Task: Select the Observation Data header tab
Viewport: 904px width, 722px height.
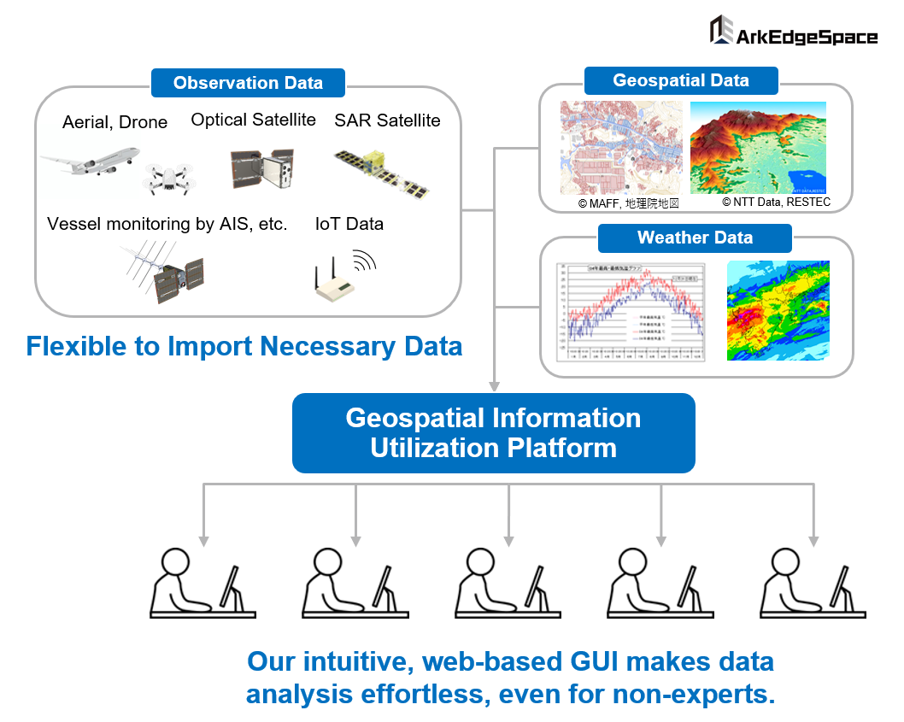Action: [248, 83]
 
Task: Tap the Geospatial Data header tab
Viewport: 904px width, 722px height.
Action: [681, 81]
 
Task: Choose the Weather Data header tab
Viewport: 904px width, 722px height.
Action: [695, 238]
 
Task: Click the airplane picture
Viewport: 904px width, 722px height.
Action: [90, 162]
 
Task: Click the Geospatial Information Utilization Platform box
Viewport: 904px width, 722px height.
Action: [493, 433]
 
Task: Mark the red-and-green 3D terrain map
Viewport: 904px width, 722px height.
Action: [758, 148]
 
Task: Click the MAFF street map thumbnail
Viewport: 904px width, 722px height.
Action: [621, 148]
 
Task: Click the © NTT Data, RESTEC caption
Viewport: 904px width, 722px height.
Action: [776, 203]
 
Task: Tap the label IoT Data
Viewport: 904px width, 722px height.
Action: [349, 224]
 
